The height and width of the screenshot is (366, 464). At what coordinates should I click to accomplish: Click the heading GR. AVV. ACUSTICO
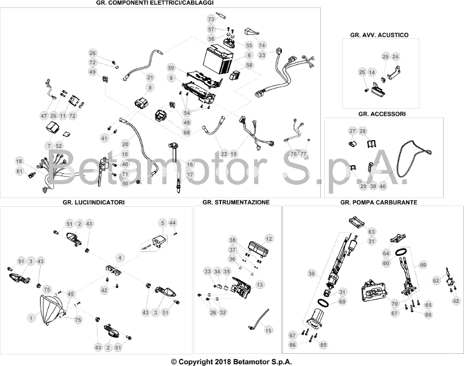point(379,35)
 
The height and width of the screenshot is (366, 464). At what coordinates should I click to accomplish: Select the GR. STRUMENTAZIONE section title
point(236,202)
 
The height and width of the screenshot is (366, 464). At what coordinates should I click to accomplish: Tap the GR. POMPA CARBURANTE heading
point(379,202)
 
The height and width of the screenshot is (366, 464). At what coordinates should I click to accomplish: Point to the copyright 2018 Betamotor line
point(231,361)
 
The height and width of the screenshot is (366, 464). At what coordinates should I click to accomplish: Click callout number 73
point(211,20)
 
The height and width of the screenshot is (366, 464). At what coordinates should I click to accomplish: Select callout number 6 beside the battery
point(249,55)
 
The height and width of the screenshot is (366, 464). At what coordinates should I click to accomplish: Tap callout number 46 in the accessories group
point(383,186)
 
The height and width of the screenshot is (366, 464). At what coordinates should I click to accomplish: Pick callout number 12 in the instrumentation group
point(269,239)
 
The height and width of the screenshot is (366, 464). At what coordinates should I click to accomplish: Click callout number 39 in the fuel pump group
point(311,273)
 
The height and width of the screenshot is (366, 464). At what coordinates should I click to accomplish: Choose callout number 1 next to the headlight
point(31,318)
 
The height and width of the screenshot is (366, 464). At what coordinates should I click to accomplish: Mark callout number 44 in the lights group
point(172,223)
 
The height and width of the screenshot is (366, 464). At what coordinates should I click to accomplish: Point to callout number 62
point(436,280)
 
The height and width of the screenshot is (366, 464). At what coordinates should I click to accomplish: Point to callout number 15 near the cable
point(269,330)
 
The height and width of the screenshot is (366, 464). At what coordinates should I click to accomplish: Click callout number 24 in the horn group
point(396,57)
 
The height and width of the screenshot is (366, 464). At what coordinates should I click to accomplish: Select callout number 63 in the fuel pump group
point(371,232)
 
